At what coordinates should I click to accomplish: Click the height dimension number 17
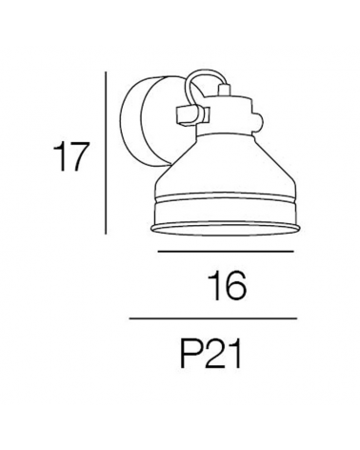point(70,156)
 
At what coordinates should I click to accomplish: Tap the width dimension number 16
point(227,286)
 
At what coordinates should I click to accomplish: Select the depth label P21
point(210,353)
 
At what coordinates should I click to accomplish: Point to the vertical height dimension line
point(106,153)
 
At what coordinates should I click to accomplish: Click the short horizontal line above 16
point(226,252)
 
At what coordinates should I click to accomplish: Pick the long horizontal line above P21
point(212,318)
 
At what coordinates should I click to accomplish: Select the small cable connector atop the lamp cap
point(224,89)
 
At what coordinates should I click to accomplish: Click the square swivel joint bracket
point(192,115)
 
